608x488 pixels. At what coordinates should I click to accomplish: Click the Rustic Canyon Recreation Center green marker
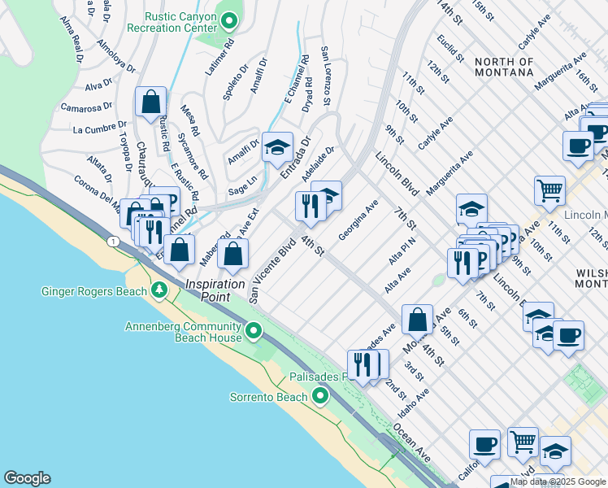[230, 20]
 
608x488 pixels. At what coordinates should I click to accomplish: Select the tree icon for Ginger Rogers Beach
[161, 291]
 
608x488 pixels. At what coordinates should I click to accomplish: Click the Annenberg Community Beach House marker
[254, 330]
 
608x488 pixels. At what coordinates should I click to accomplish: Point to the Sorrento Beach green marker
[320, 396]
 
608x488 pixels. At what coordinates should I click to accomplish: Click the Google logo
[27, 478]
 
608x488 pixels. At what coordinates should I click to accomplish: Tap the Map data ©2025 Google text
[558, 481]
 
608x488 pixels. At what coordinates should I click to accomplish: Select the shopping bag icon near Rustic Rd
[151, 103]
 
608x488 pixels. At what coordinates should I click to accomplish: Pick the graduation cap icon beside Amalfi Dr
[277, 147]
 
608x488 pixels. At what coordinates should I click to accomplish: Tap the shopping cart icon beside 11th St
[550, 191]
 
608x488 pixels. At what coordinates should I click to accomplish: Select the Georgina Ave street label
[358, 220]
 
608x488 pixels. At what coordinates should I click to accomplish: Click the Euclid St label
[449, 48]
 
